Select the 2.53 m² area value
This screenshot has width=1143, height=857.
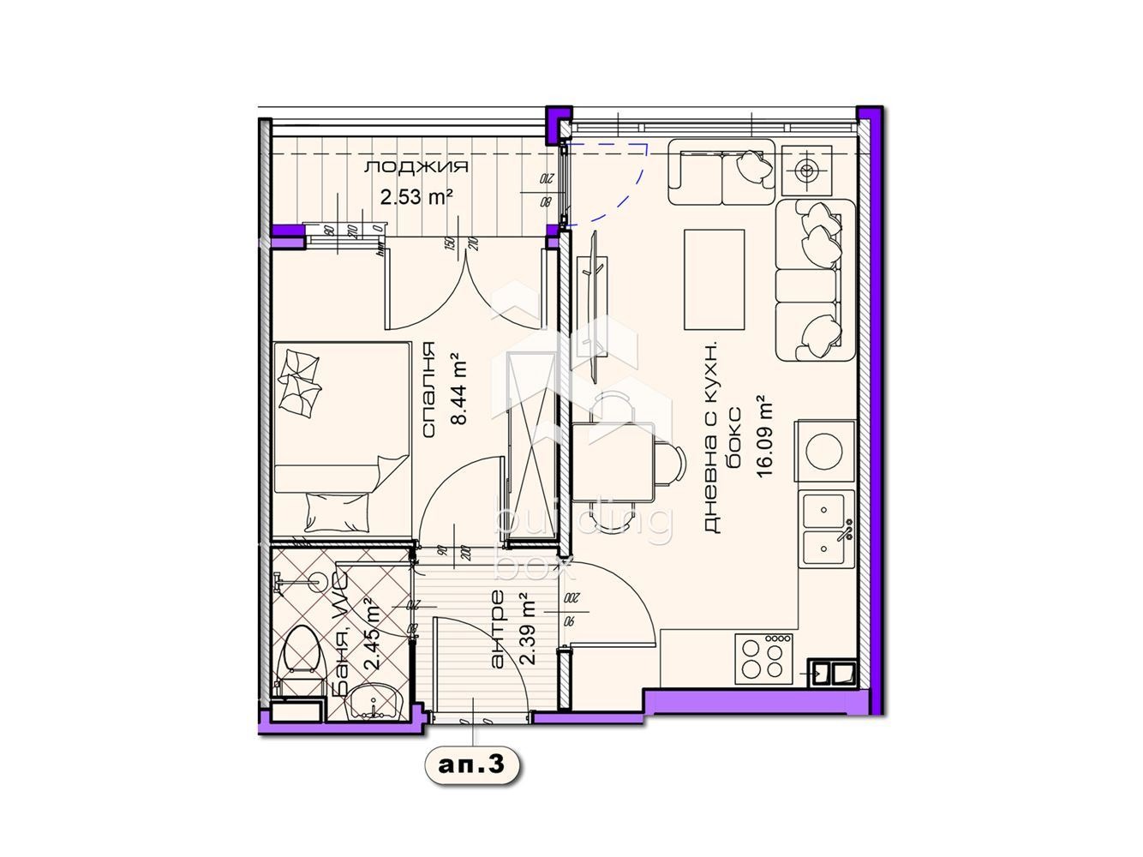click(x=416, y=197)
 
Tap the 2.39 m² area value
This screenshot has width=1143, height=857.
click(x=528, y=630)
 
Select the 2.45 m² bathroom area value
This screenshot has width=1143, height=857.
click(x=372, y=635)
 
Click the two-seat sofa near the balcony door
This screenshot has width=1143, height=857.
click(x=721, y=171)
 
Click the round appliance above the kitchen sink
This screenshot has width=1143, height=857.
click(x=826, y=452)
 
